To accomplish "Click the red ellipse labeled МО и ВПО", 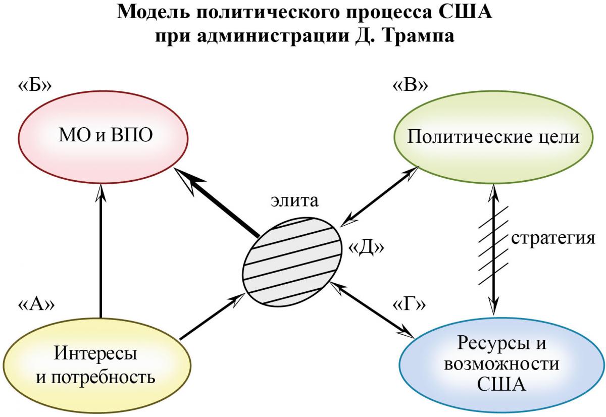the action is point(103,137).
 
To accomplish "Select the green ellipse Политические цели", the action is point(493,137).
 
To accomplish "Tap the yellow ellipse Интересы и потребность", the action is point(96,366).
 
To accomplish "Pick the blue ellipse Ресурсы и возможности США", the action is point(502,366).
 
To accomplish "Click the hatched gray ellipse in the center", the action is point(292,262).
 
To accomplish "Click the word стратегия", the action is point(553,238).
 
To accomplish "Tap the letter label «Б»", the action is point(35,85).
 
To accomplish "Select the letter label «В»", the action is point(410,85).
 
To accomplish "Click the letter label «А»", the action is point(36,304).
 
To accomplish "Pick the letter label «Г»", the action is point(409,304).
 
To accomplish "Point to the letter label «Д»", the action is point(366,247).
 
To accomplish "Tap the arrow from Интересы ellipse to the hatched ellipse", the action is point(212,316).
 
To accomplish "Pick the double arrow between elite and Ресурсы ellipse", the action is point(372,309).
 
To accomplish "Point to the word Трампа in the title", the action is point(418,36).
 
